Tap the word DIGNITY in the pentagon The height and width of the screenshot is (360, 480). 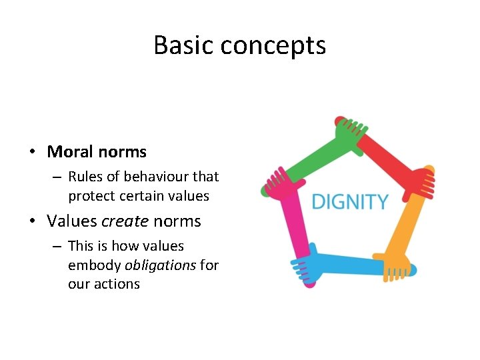(350, 201)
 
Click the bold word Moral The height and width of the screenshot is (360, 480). (69, 152)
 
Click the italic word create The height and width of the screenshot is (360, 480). (125, 221)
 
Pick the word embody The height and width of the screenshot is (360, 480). (94, 265)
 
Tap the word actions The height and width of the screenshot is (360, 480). (117, 284)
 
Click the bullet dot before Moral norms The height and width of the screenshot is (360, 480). (32, 153)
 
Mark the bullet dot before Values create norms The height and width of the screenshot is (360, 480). (32, 221)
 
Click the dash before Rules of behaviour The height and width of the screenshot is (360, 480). (55, 177)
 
